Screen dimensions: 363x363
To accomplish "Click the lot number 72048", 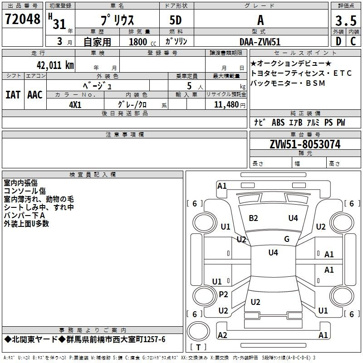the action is coord(23,19).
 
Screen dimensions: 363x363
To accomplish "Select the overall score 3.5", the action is coord(346,20).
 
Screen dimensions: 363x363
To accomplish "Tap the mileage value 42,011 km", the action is coord(55,65).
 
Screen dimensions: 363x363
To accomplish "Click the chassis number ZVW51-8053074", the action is coord(305,144).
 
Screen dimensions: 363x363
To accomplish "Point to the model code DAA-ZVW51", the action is coord(260,42).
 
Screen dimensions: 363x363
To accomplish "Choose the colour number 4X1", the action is coord(75,105).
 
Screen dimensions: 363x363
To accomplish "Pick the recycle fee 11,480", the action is coord(226,105).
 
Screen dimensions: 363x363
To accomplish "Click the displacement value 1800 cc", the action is coord(142,42).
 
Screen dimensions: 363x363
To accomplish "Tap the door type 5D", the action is coord(176,20).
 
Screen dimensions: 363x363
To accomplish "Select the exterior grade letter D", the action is coord(338,41).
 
